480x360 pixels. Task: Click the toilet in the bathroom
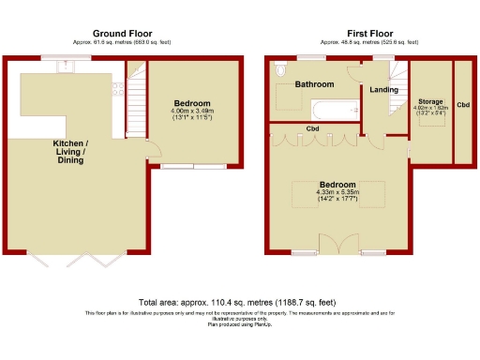point(280,70)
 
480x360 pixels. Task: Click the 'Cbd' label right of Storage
point(463,104)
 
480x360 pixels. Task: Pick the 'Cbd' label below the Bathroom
point(312,128)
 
